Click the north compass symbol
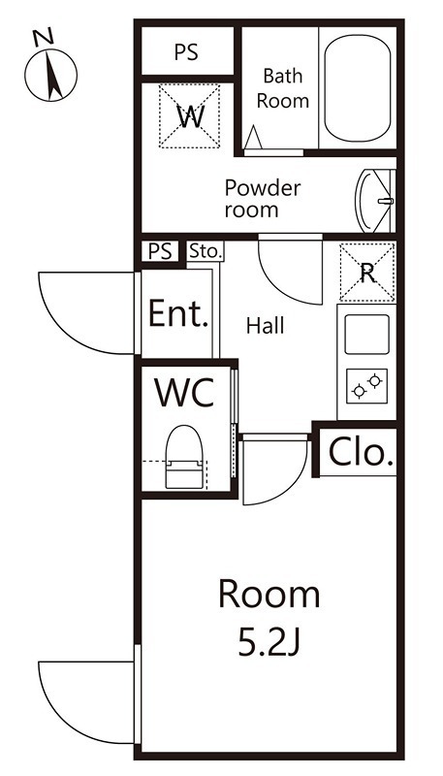[50, 75]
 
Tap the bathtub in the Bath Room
[358, 87]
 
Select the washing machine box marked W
[189, 115]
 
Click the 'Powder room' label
[263, 199]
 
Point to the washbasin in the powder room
[375, 201]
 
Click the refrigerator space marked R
[366, 273]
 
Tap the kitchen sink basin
[366, 334]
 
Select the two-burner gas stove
[366, 386]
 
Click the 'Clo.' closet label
[362, 453]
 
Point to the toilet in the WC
[184, 457]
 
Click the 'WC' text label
[184, 392]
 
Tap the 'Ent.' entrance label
[178, 313]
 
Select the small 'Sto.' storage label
[206, 251]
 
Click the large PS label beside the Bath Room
[186, 52]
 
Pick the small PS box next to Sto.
[161, 251]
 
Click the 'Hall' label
[266, 326]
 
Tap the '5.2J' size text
[269, 643]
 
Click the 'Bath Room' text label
[283, 88]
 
